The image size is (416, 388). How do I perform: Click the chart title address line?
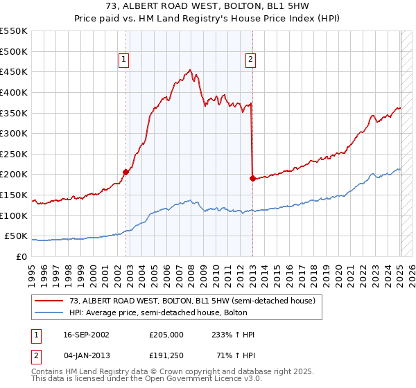[208, 5]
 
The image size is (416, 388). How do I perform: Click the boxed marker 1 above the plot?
[124, 60]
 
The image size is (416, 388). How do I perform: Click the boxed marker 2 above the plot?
[250, 60]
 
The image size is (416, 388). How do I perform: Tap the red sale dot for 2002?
[125, 172]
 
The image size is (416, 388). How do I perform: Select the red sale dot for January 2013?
[252, 178]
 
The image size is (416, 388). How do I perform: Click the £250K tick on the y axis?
[15, 154]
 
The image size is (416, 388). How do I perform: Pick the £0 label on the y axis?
[21, 256]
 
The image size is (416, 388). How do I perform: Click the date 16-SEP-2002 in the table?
[85, 334]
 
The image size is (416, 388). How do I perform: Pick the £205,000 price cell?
[165, 334]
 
